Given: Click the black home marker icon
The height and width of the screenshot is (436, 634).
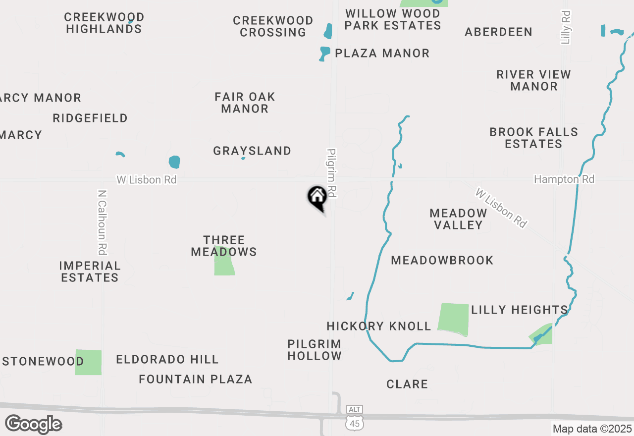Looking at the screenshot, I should (x=317, y=197).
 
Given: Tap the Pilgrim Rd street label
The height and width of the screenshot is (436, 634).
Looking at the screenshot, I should (x=332, y=173).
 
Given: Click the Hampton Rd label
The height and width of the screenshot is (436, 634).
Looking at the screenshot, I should (x=564, y=179).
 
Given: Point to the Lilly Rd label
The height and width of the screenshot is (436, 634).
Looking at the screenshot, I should (x=566, y=27).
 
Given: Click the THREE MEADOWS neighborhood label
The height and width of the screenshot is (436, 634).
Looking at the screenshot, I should (x=224, y=246).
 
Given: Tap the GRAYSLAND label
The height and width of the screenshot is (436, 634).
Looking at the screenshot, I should (x=252, y=151).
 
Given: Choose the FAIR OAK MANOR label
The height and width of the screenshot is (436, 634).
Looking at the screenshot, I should (x=245, y=103).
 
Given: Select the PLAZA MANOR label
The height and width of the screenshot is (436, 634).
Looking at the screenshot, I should (x=382, y=53).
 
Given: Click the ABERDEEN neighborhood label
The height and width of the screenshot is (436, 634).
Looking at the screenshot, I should (x=498, y=32).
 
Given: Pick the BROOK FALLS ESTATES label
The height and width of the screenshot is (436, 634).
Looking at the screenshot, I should (x=533, y=138).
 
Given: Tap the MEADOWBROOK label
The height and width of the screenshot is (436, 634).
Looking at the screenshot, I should (x=442, y=260).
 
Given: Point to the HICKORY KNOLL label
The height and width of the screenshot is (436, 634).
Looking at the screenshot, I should (x=379, y=326).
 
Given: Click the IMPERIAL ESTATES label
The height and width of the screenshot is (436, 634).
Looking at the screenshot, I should (x=90, y=272).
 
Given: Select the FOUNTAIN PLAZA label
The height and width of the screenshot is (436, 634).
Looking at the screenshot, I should (x=196, y=380).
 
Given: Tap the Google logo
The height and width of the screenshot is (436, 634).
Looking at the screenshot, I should (x=33, y=425).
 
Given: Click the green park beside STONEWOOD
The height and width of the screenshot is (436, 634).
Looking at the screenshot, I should (x=88, y=362).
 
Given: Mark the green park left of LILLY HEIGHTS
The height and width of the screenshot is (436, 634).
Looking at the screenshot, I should (x=454, y=319).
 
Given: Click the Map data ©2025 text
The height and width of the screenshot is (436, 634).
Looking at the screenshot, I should (x=592, y=429).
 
